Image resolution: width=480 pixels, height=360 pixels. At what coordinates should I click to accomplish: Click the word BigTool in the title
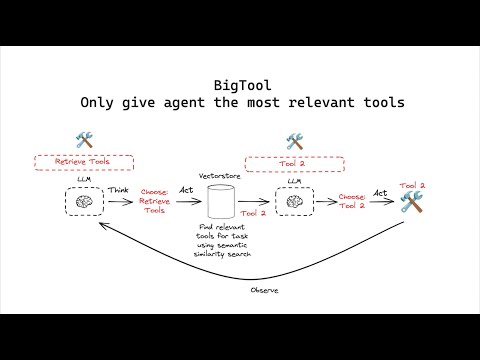(240, 84)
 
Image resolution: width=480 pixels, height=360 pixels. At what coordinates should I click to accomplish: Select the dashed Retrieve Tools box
(83, 160)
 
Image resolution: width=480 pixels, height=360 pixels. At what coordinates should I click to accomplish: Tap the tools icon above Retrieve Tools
(84, 141)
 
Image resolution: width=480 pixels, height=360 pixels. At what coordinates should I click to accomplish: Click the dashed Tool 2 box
(293, 160)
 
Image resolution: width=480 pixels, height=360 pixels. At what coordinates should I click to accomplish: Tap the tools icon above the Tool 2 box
(294, 141)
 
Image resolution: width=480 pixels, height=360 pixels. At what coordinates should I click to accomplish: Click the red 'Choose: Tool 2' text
(352, 200)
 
